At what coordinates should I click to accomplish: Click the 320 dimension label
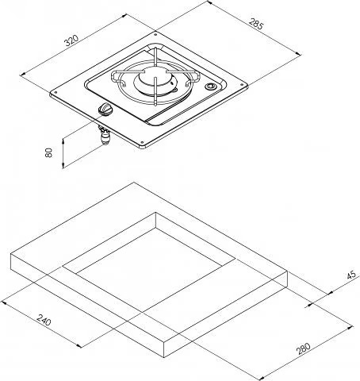(x=72, y=40)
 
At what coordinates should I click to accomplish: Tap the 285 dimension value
(x=256, y=23)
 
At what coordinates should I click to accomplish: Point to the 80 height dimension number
(x=49, y=152)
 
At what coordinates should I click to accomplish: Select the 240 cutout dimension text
(x=44, y=320)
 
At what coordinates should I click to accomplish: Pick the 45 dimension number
(x=352, y=275)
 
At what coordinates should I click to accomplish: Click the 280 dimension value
(x=303, y=348)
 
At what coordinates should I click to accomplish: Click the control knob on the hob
(x=105, y=109)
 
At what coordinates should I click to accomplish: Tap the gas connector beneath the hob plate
(x=104, y=136)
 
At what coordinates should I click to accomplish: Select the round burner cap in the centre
(x=152, y=78)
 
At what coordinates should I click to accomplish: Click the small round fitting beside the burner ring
(x=210, y=86)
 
